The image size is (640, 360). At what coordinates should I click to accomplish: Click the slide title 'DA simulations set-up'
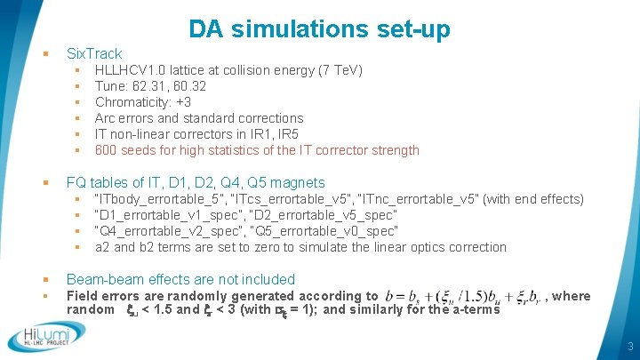pyautogui.click(x=319, y=28)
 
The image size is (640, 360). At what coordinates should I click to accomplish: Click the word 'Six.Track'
pyautogui.click(x=94, y=53)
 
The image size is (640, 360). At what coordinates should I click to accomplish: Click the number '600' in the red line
pyautogui.click(x=107, y=150)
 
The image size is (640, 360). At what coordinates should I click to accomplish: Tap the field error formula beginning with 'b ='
pyautogui.click(x=462, y=296)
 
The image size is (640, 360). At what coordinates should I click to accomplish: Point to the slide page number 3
pyautogui.click(x=628, y=346)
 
